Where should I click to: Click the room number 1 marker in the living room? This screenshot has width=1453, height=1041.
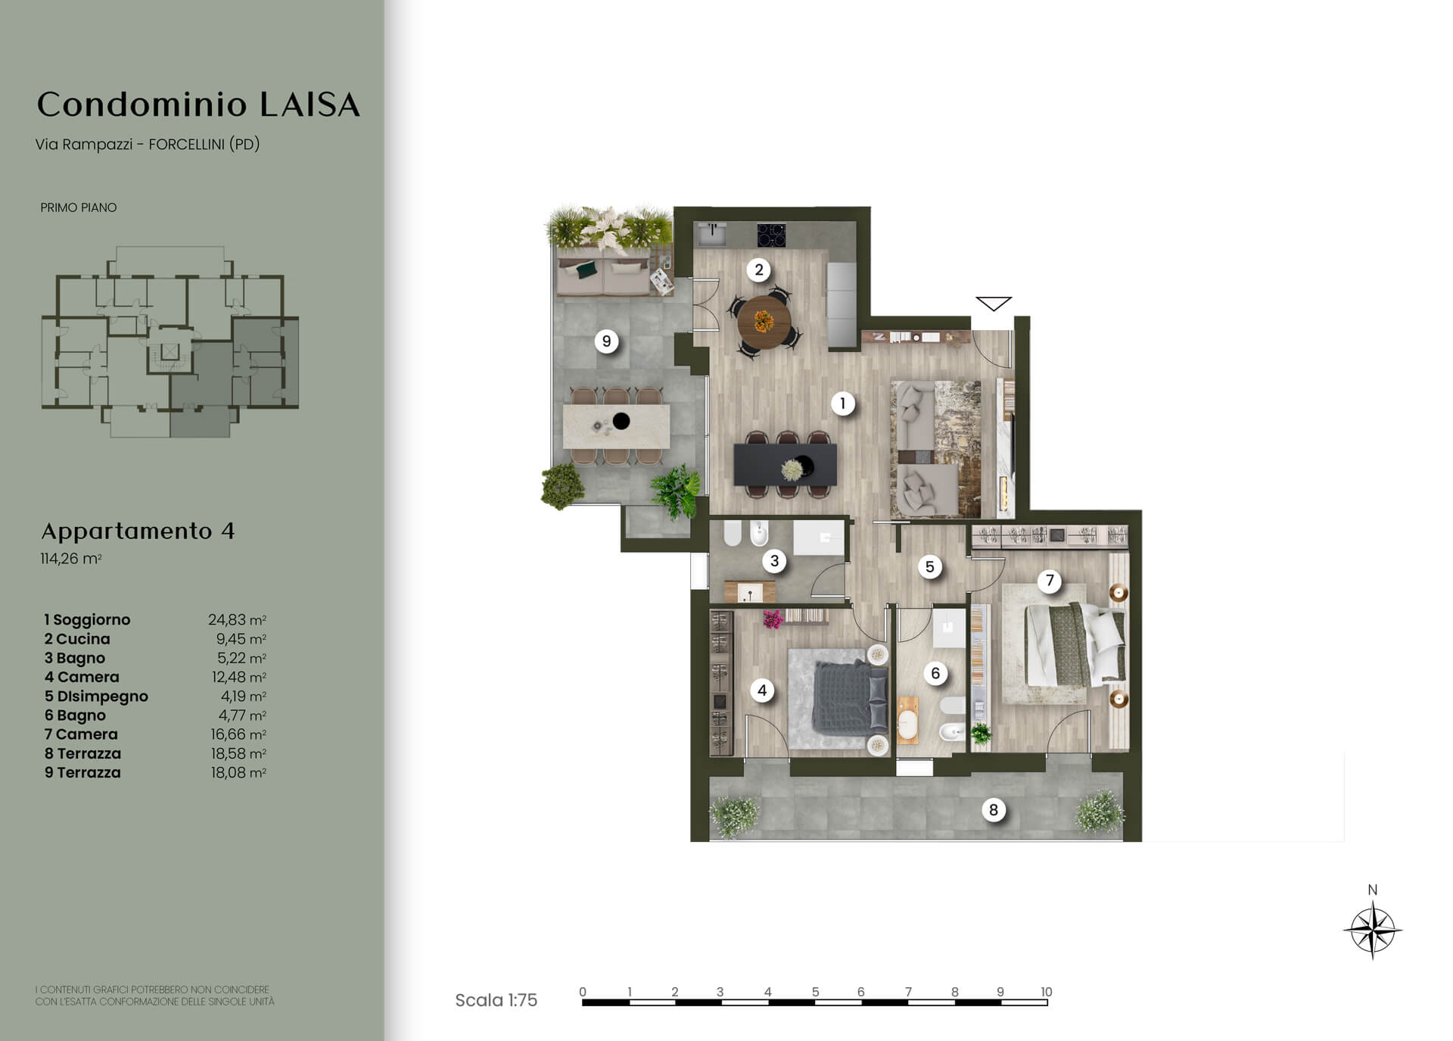click(842, 404)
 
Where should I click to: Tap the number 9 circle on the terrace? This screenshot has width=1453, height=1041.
click(606, 341)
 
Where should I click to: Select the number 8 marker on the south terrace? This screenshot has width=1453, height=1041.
click(994, 810)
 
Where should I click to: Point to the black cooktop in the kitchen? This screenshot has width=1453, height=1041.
click(771, 235)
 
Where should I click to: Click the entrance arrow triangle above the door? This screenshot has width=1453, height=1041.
click(994, 304)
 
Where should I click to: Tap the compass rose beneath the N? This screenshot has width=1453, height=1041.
click(1373, 930)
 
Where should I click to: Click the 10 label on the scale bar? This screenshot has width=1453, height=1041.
click(1046, 992)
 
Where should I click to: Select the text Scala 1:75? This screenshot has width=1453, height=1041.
click(496, 1000)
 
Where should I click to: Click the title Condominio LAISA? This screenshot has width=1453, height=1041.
click(198, 104)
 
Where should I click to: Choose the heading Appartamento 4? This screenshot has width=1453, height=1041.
click(138, 531)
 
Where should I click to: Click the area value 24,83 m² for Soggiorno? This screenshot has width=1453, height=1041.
click(237, 620)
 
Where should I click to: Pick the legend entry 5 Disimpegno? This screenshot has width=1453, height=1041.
click(96, 697)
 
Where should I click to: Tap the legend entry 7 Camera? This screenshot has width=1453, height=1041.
click(81, 734)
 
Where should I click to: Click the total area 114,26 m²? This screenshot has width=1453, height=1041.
click(71, 559)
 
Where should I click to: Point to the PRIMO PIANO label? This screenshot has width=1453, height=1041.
click(79, 207)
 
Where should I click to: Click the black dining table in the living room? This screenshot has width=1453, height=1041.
click(786, 465)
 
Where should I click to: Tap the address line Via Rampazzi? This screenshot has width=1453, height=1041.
click(148, 144)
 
